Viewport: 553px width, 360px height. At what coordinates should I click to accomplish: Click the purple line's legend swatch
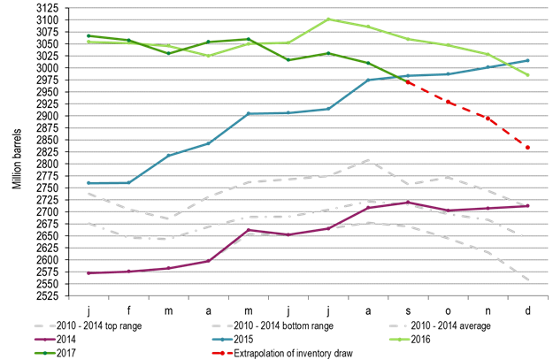pos(45,339)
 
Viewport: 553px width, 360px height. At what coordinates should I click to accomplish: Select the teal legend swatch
pos(222,339)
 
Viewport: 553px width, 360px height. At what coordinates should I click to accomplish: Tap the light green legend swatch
pos(399,339)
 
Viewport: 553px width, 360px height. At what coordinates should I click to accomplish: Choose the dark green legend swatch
pos(45,353)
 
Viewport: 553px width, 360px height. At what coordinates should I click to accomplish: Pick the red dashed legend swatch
pos(222,353)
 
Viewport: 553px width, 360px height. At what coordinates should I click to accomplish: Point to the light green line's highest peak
pos(328,19)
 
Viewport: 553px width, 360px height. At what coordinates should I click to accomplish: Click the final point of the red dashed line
pos(528,148)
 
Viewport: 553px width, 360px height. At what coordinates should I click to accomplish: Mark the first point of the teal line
pos(88,183)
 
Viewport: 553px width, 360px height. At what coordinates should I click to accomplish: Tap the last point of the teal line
pos(528,60)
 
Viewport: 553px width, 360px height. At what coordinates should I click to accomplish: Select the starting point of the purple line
pos(88,273)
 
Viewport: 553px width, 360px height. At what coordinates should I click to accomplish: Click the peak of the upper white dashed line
pos(369,160)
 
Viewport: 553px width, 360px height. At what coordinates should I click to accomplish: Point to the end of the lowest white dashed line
pos(528,280)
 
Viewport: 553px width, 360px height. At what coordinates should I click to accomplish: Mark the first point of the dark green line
pos(88,35)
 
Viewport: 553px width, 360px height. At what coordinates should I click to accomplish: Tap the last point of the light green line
pos(528,75)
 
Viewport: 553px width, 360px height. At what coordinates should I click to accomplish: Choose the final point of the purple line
pos(528,206)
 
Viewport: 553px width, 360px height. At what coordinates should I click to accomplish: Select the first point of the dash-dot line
pos(88,223)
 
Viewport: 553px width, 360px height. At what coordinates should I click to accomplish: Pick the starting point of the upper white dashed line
pos(88,194)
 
